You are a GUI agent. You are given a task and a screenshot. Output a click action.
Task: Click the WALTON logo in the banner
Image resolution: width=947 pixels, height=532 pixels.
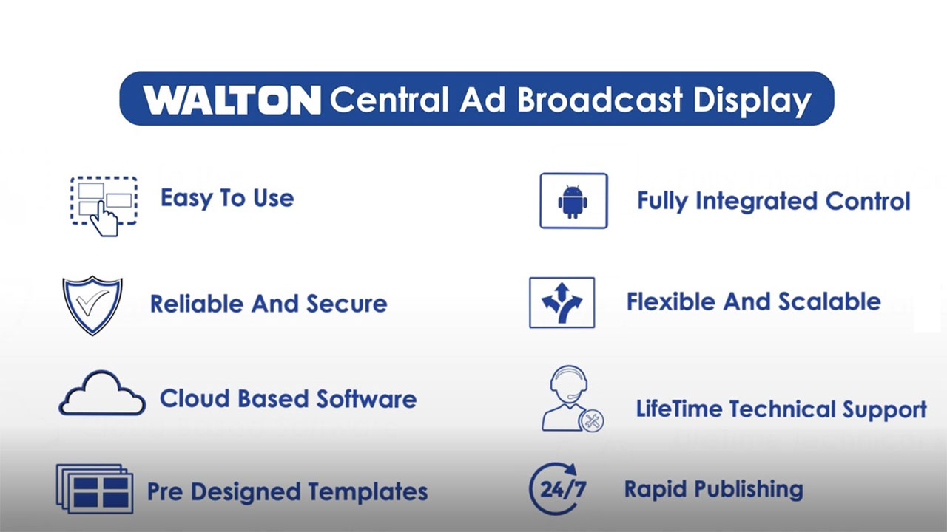click(x=232, y=100)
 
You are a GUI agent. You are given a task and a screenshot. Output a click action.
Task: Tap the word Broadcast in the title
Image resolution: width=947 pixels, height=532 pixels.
click(x=599, y=100)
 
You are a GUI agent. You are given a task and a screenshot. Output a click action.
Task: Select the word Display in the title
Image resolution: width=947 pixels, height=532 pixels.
click(x=752, y=102)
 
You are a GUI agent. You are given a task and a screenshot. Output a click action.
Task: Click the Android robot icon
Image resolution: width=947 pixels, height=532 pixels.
click(x=573, y=202)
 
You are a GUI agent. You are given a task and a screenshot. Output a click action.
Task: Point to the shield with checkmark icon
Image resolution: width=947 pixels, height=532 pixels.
click(x=92, y=305)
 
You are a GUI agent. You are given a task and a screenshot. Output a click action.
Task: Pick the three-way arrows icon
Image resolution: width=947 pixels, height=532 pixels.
click(x=562, y=303)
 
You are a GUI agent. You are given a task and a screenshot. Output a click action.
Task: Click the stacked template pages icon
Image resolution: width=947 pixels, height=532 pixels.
click(x=95, y=489)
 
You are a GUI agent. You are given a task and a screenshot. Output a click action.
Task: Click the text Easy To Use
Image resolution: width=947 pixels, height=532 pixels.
click(x=227, y=199)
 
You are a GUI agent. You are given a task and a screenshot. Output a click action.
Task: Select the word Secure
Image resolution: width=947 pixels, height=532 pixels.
click(x=347, y=304)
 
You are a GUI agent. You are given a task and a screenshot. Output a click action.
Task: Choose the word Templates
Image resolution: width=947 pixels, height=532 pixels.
click(x=368, y=492)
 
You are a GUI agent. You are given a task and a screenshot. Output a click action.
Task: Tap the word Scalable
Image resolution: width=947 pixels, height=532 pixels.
click(x=829, y=301)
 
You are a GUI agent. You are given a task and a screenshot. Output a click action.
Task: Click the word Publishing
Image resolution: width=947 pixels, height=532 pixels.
click(x=749, y=491)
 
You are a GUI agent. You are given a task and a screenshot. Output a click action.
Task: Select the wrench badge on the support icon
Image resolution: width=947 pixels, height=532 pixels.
click(x=591, y=420)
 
